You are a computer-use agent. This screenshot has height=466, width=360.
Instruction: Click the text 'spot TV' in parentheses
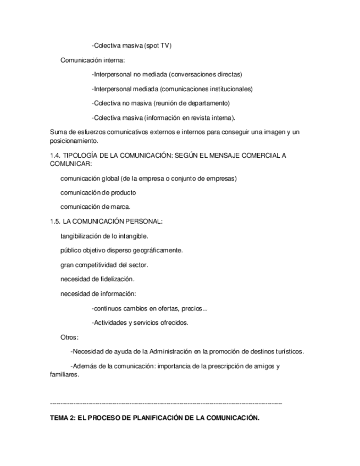[158, 46]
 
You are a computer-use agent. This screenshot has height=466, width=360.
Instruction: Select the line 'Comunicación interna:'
[92, 60]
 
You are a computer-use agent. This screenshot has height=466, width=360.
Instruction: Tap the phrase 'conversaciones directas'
[206, 74]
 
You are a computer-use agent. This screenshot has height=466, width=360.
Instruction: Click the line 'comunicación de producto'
[98, 192]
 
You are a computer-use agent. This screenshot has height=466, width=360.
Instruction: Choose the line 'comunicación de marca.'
[95, 207]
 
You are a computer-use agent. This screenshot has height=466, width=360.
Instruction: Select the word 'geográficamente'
[158, 250]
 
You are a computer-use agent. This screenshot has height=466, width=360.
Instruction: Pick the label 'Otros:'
[69, 337]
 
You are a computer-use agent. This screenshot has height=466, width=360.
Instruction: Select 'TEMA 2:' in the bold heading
[62, 418]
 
